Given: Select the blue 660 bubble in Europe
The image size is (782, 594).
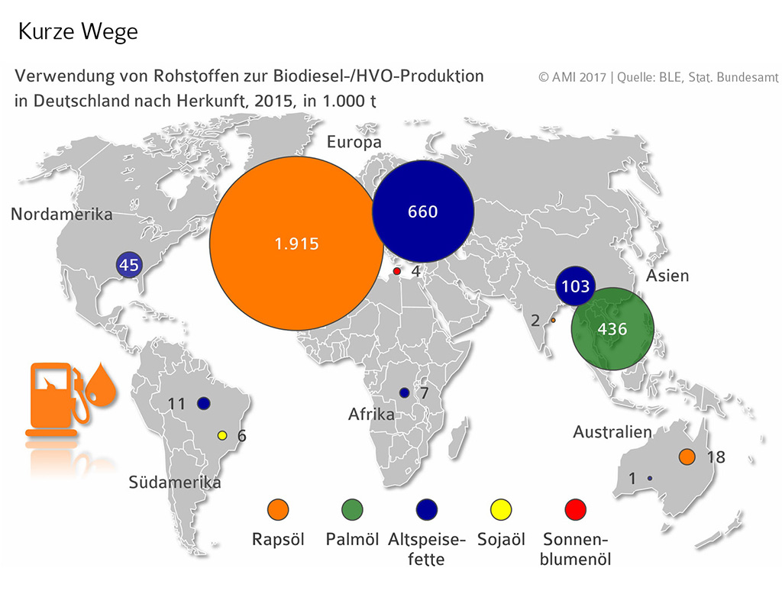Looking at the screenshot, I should click(422, 211).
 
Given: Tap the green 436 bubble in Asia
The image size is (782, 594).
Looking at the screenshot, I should click(612, 329).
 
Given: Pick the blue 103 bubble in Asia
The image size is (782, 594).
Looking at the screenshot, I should click(575, 286).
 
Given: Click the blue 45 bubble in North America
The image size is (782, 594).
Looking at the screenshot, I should click(128, 266).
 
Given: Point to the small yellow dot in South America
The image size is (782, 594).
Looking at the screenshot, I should click(222, 435).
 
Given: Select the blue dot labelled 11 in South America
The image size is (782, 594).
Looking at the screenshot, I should click(203, 403).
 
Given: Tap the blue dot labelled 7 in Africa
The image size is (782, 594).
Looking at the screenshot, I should click(405, 393).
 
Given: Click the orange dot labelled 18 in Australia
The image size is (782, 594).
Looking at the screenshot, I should click(687, 457).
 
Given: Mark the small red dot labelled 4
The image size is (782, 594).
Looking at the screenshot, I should click(396, 272).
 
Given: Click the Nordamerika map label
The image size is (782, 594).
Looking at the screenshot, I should click(61, 215).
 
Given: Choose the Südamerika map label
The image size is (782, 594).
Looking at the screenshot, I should click(175, 483).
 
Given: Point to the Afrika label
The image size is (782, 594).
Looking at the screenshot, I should click(371, 415).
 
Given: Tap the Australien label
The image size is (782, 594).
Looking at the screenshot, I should click(612, 433).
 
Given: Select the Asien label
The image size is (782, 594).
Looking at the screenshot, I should click(667, 276).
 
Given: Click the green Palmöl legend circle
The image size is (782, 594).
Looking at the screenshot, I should click(352, 508).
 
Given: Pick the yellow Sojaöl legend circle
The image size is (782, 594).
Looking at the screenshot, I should click(501, 508).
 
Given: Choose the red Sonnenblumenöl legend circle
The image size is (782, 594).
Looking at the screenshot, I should click(575, 508).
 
